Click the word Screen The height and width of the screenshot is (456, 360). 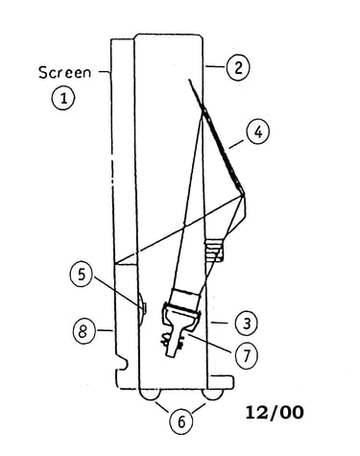pyautogui.click(x=64, y=73)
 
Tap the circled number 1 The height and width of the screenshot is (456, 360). pyautogui.click(x=63, y=98)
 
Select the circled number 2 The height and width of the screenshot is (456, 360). pyautogui.click(x=238, y=68)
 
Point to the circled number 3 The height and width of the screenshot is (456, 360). pyautogui.click(x=246, y=324)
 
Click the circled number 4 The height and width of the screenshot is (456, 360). pyautogui.click(x=258, y=132)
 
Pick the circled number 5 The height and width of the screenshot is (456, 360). pyautogui.click(x=82, y=275)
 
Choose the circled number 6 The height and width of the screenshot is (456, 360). pyautogui.click(x=181, y=422)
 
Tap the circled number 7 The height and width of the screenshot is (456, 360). pyautogui.click(x=246, y=356)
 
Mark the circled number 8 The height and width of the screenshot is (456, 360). pyautogui.click(x=84, y=331)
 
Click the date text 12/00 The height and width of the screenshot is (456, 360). pyautogui.click(x=275, y=412)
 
